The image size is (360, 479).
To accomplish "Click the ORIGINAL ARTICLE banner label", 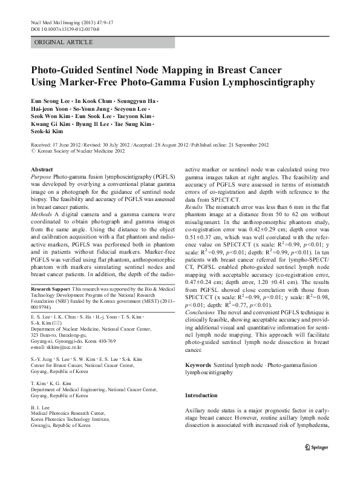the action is [x=64, y=42].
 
